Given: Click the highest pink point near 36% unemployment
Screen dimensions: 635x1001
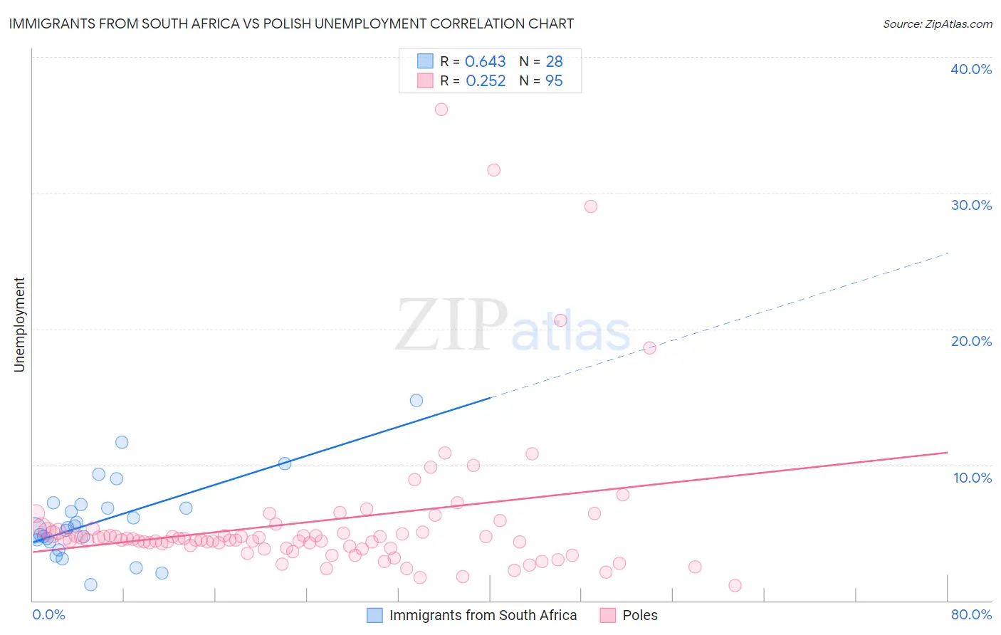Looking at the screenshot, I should coord(441,110).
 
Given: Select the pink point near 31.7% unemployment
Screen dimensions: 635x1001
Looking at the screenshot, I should coord(493,170).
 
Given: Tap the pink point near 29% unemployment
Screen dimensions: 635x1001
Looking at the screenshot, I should coord(590,206).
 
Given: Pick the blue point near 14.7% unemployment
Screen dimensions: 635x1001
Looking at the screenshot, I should coord(416,400).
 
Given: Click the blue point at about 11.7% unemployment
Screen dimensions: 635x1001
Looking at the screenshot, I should coord(122,442).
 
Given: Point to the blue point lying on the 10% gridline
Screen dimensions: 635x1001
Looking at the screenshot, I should coord(285,463).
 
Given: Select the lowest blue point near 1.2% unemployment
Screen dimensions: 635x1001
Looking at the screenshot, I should coord(90,584).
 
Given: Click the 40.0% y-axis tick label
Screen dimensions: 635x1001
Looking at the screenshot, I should coord(971,69).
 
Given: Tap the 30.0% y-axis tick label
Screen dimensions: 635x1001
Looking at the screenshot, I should coord(971,205).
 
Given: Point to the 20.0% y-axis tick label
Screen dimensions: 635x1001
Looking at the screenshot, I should coord(971,341).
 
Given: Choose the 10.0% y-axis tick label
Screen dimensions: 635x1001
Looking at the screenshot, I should coord(973,478).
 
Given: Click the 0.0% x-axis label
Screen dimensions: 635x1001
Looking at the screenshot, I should coord(49,614).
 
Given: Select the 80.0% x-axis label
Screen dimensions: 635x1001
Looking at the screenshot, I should coord(971,614).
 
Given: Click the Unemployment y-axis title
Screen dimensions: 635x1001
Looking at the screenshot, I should coord(20,325).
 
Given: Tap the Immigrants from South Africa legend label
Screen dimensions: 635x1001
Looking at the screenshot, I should coord(483,615).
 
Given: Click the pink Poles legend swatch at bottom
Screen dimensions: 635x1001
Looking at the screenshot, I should coord(607,615).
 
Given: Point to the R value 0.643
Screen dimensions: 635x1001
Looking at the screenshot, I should coord(485,62).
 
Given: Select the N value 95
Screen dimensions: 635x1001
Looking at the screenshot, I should coord(554,81).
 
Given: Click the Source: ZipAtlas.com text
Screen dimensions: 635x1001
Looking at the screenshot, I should coord(937,24).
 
